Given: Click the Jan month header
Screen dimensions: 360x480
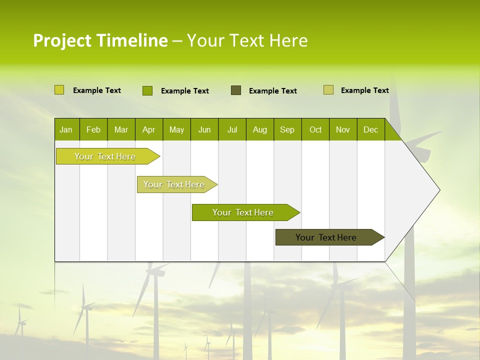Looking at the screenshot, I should pos(66,129).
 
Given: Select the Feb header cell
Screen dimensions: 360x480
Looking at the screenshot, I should pos(93,129).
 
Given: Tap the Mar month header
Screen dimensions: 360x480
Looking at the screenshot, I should pos(121,129).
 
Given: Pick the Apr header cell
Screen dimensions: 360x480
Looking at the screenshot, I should pos(149,129).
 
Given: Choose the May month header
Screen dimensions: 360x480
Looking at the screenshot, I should pos(176,129).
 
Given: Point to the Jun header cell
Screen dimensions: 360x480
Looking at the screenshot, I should pos(204,129).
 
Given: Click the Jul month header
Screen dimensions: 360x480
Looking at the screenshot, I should pos(232,129).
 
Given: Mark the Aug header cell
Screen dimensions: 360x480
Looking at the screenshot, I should pos(260,129).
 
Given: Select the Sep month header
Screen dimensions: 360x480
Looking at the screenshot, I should pos(287,129).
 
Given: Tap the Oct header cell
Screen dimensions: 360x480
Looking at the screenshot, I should pos(315,129).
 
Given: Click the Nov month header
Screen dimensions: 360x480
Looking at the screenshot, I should pos(343,129).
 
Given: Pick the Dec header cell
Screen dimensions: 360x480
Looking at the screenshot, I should pos(371,129).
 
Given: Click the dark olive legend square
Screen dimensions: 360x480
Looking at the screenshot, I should pos(236,90).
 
